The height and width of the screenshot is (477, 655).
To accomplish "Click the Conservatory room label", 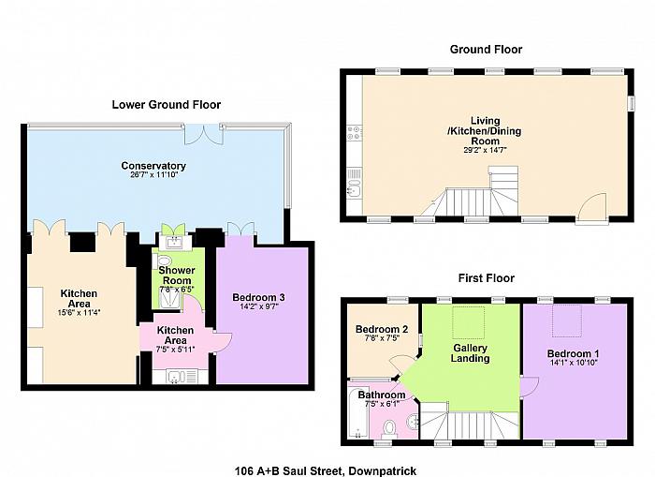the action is pos(153,166).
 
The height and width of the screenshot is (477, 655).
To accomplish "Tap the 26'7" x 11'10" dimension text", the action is pos(154,174).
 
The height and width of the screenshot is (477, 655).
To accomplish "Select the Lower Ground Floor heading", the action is pos(167,105).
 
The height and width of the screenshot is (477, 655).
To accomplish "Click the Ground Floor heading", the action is pos(486,50).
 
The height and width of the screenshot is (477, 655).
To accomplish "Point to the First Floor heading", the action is pos(487,278).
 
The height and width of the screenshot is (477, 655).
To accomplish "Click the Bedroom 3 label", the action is pos(258,297).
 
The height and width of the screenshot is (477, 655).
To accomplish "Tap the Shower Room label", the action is pos(177,276).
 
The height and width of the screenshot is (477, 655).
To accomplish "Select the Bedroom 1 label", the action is pos(573,353).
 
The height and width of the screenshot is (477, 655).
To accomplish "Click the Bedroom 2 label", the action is pos(382,329).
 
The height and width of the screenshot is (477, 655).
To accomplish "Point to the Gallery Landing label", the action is pos(471,353).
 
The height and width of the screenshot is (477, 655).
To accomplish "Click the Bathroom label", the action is pos(382,395).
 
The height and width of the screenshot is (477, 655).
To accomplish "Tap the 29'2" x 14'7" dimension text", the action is pos(485,150).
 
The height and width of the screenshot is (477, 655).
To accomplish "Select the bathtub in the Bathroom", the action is pos(358,410).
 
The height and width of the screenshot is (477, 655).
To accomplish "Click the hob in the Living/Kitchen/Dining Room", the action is pos(355,133).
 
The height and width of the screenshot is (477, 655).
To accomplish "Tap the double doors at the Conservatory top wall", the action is pos(203,134).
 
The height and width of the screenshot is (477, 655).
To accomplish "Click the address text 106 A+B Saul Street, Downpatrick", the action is pos(326,471).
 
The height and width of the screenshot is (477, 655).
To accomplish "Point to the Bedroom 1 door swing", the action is pos(530,385).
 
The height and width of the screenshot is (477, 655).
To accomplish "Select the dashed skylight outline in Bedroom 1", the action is pos(567,320).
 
